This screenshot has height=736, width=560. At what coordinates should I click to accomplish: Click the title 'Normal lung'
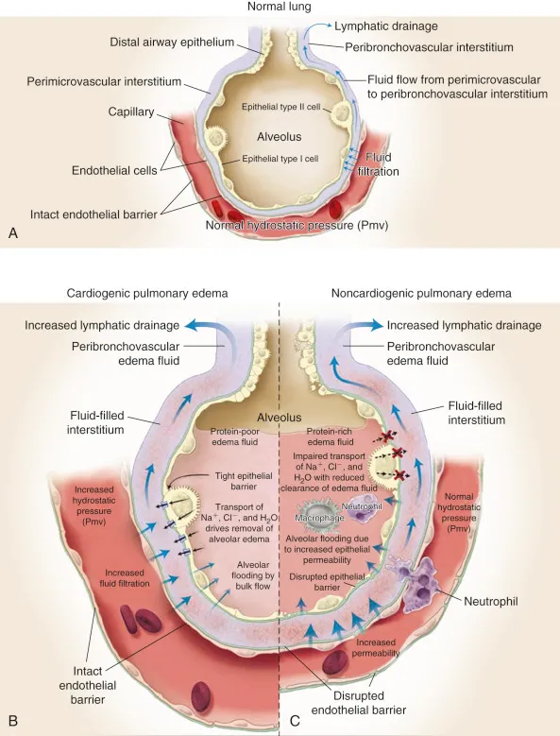point(280,8)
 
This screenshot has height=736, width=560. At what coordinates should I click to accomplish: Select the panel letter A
point(12,233)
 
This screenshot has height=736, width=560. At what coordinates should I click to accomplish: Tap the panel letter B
point(12,720)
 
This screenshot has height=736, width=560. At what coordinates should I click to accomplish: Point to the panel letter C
point(295,720)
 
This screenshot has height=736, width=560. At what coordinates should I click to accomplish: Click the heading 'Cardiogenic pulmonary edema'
point(148,293)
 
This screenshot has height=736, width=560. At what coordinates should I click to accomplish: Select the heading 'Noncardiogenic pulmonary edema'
point(421,293)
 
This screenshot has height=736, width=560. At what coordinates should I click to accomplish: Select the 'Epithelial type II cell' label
point(284,107)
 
